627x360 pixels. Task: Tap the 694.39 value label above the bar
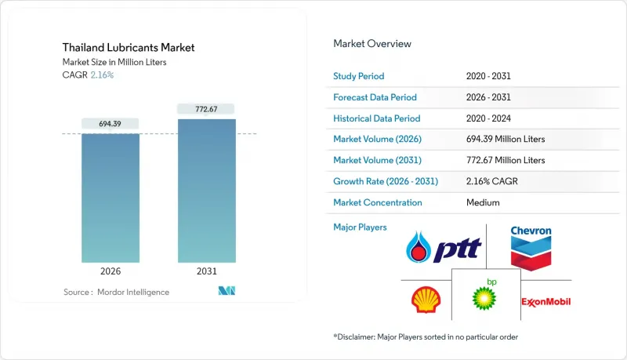click(x=110, y=124)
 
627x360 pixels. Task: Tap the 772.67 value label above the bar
click(x=206, y=108)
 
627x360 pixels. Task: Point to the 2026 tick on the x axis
click(x=110, y=271)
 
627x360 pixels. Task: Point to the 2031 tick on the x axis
click(x=206, y=271)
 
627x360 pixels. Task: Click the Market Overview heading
click(x=372, y=44)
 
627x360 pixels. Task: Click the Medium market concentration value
click(x=482, y=202)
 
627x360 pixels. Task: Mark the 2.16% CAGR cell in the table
click(x=495, y=181)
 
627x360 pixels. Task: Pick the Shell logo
click(x=426, y=300)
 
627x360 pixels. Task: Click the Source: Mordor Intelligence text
click(x=116, y=292)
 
